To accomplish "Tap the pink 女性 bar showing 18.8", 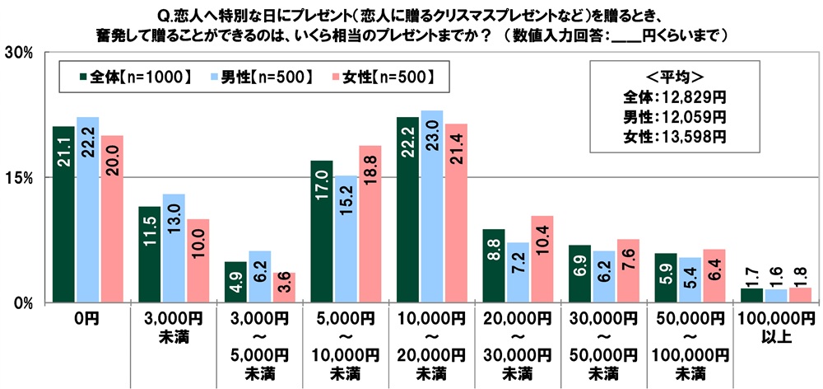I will click(x=370, y=223).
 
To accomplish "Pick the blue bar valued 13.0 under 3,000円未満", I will click(x=174, y=247).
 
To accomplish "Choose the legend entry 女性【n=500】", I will click(x=384, y=77).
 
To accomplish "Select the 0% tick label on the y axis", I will click(x=21, y=302).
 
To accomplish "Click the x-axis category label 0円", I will click(x=87, y=320).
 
